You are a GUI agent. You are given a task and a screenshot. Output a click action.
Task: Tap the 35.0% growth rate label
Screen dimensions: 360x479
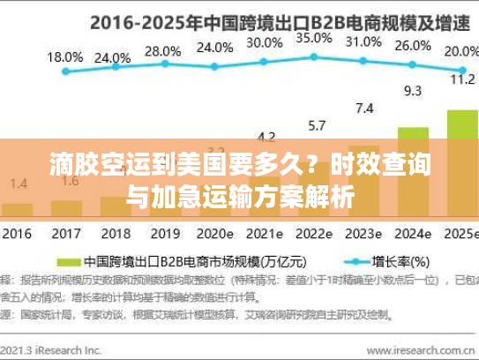(314, 39)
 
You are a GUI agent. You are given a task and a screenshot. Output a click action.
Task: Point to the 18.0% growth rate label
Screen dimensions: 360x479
(64, 57)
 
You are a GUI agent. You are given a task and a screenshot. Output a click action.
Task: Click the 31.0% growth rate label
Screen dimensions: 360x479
(363, 41)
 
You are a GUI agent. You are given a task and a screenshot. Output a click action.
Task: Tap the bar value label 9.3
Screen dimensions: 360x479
(412, 90)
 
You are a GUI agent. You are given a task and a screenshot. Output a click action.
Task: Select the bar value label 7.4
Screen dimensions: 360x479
(363, 109)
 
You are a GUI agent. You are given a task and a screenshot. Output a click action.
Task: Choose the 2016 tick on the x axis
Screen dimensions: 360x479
(17, 235)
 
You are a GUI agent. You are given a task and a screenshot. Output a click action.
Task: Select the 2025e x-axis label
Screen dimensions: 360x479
(460, 235)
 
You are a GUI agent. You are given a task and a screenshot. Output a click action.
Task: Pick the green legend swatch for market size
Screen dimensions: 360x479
(68, 262)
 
